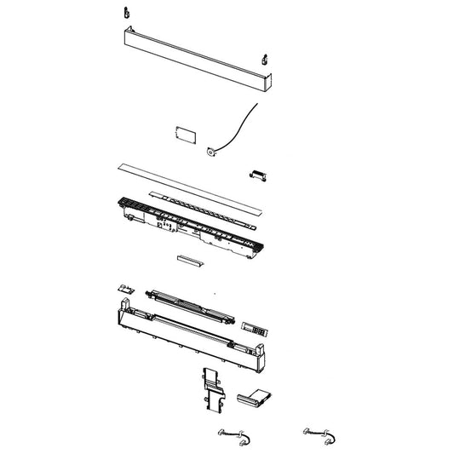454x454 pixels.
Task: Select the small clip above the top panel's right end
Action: tap(264, 60)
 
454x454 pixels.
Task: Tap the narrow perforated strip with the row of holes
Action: tap(204, 205)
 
